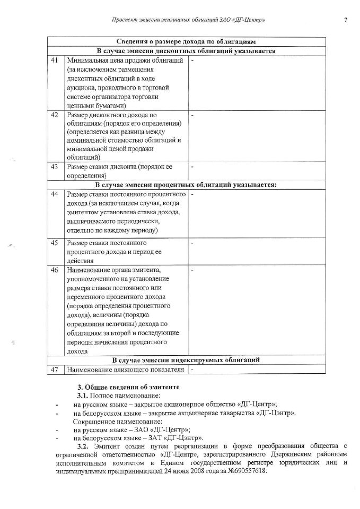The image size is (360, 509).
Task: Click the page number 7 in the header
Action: [x=345, y=20]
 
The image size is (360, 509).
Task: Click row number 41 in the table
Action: [x=54, y=60]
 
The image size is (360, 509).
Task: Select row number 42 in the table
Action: [x=54, y=115]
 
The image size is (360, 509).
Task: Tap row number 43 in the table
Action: [x=54, y=167]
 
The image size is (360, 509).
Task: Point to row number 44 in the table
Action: [x=54, y=194]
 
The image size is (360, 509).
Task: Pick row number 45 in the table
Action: [x=54, y=242]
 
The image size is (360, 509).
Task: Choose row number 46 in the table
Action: [x=54, y=270]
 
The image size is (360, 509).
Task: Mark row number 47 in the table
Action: [x=54, y=369]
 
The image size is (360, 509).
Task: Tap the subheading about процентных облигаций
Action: [x=186, y=185]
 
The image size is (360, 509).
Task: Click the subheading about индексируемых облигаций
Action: [x=186, y=360]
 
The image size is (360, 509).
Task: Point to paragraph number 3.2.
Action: [x=84, y=447]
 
